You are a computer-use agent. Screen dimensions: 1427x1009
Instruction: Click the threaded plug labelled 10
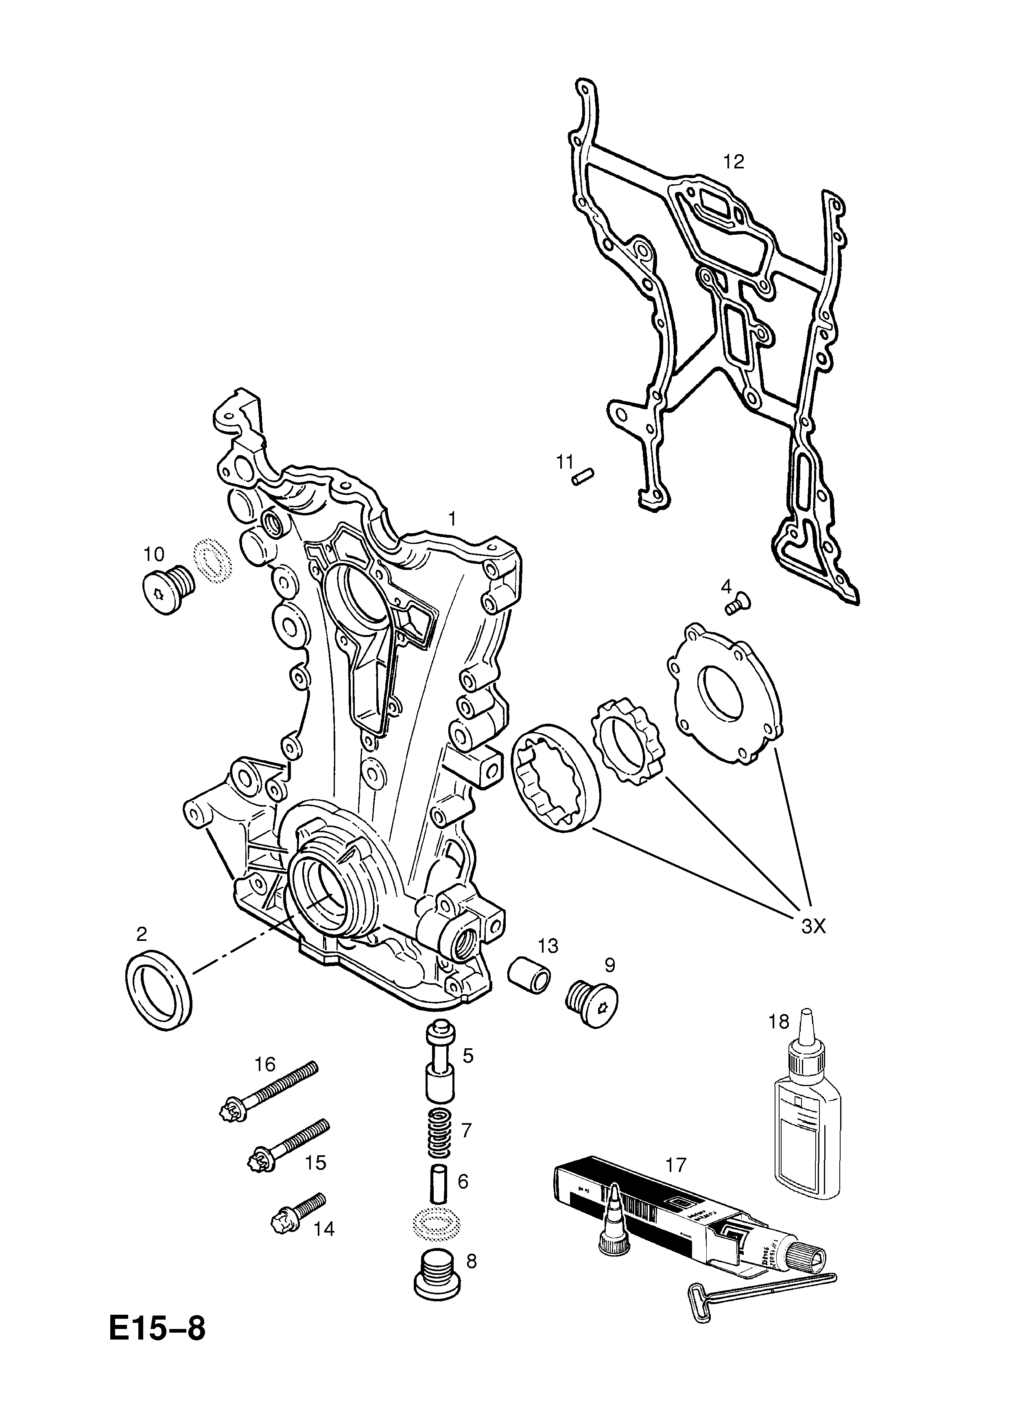(167, 590)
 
